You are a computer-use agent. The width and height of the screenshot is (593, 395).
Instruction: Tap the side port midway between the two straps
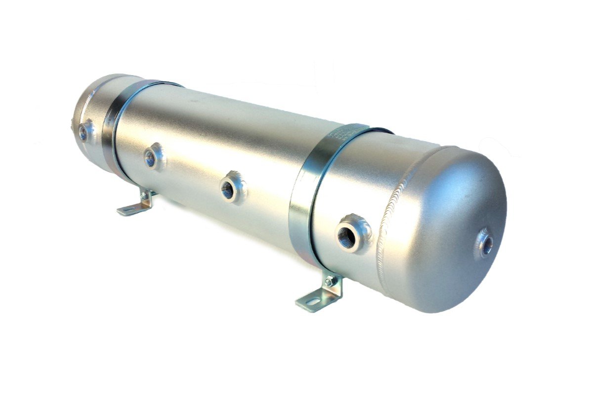(229, 189)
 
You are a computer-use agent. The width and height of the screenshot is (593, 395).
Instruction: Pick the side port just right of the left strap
(151, 158)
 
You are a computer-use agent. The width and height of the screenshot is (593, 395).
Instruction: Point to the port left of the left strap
(84, 132)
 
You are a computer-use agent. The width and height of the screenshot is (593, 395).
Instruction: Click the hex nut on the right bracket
(329, 282)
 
